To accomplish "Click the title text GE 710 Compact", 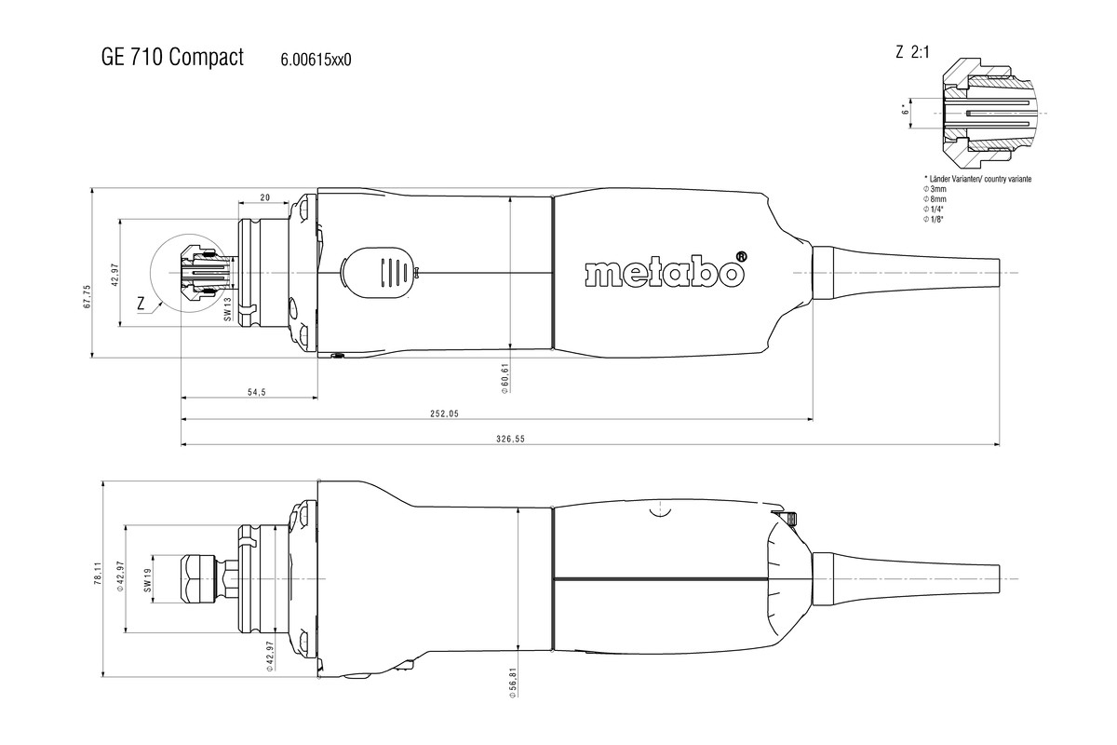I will pyautogui.click(x=171, y=58).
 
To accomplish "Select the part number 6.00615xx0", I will pyautogui.click(x=316, y=61).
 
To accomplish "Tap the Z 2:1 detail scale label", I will pyautogui.click(x=912, y=53).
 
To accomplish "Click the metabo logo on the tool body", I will pyautogui.click(x=666, y=272).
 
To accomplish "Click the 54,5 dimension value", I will pyautogui.click(x=231, y=393).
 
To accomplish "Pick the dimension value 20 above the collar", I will pyautogui.click(x=264, y=197).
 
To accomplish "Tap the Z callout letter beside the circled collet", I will pyautogui.click(x=140, y=303).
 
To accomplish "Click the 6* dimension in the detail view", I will pyautogui.click(x=904, y=111).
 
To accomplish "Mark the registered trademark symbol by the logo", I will pyautogui.click(x=741, y=257).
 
